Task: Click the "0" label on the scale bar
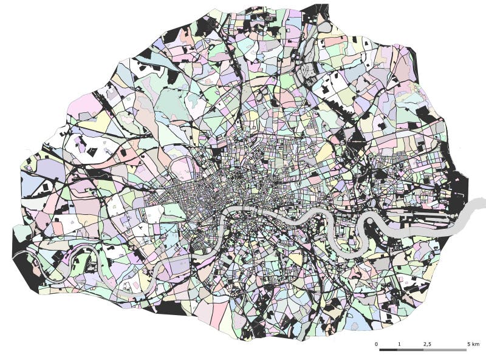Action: [377, 344]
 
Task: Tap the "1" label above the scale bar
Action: [399, 344]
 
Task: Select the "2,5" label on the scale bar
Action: [427, 344]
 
